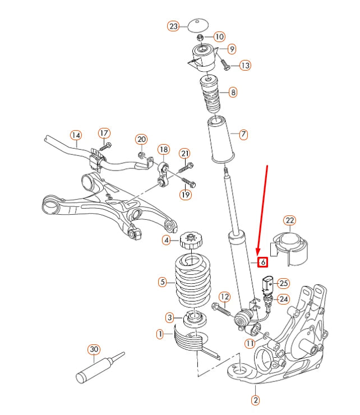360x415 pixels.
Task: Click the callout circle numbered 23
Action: point(173,26)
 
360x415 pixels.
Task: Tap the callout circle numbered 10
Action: point(219,36)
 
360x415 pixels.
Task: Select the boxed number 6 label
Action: point(261,261)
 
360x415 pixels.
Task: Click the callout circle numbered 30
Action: point(93,349)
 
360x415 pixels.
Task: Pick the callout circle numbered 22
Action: point(289,220)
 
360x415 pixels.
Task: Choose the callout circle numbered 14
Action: point(76,135)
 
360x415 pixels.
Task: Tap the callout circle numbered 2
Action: point(255,400)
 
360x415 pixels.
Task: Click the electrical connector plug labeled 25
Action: point(267,283)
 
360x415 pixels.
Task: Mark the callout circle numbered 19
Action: point(186,195)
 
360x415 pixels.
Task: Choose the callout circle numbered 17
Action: point(104,133)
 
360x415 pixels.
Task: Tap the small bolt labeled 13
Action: point(225,66)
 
